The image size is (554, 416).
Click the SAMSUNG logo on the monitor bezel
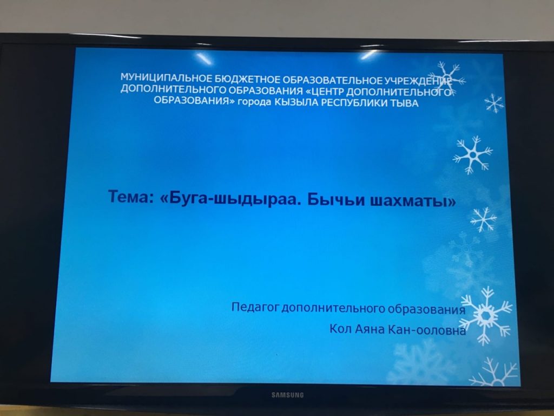tap(287, 395)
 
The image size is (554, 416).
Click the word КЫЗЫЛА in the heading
tap(296, 102)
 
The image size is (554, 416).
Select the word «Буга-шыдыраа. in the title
tap(230, 198)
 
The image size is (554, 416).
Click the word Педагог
tap(255, 307)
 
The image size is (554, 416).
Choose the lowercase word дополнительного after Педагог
tap(333, 308)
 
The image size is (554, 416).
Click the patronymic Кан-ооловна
tap(427, 330)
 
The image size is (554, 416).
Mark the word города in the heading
tap(255, 102)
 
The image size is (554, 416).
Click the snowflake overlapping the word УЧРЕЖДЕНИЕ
tap(446, 79)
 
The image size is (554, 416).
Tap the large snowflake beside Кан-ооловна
tap(486, 315)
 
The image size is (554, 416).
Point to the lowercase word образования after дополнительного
tap(426, 309)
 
